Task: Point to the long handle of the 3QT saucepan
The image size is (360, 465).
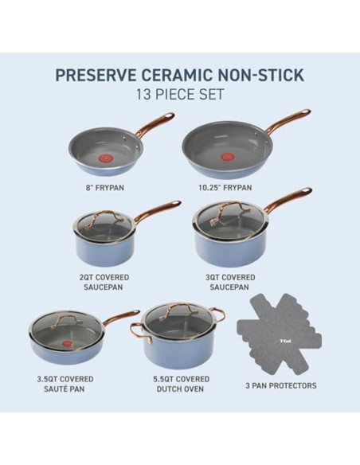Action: pos(288,198)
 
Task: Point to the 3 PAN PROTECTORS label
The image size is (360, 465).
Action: pos(281,385)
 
